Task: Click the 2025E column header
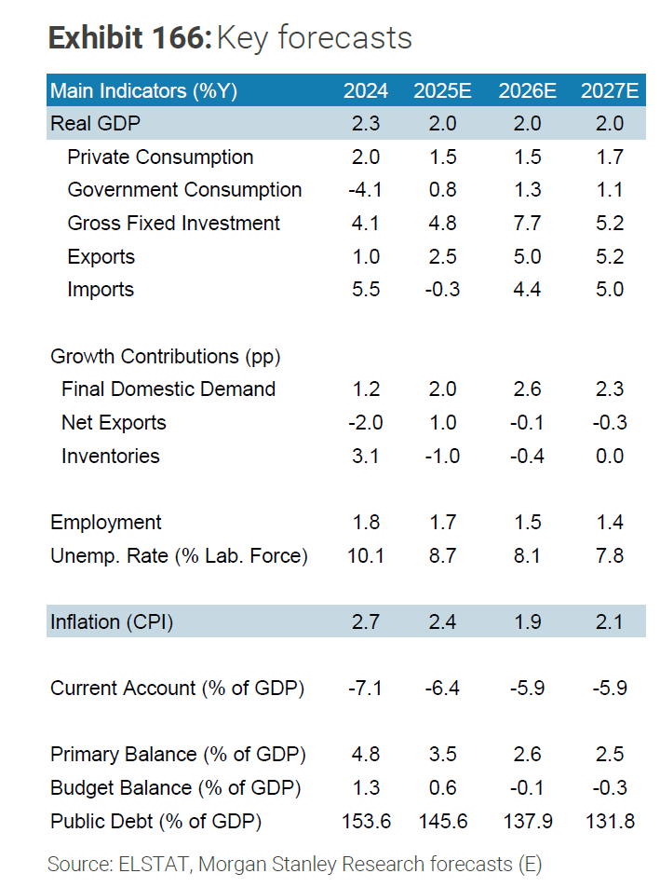(x=443, y=90)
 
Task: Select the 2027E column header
(x=610, y=90)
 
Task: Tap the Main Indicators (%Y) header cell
(x=144, y=90)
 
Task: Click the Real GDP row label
(x=96, y=123)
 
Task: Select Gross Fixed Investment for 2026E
(x=527, y=224)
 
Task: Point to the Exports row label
(x=101, y=257)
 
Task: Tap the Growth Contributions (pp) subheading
(x=166, y=357)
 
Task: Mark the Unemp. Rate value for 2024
(x=365, y=556)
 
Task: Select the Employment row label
(x=106, y=523)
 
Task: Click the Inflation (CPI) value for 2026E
(x=527, y=622)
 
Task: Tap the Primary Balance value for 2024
(x=365, y=755)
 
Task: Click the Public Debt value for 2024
(x=365, y=822)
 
